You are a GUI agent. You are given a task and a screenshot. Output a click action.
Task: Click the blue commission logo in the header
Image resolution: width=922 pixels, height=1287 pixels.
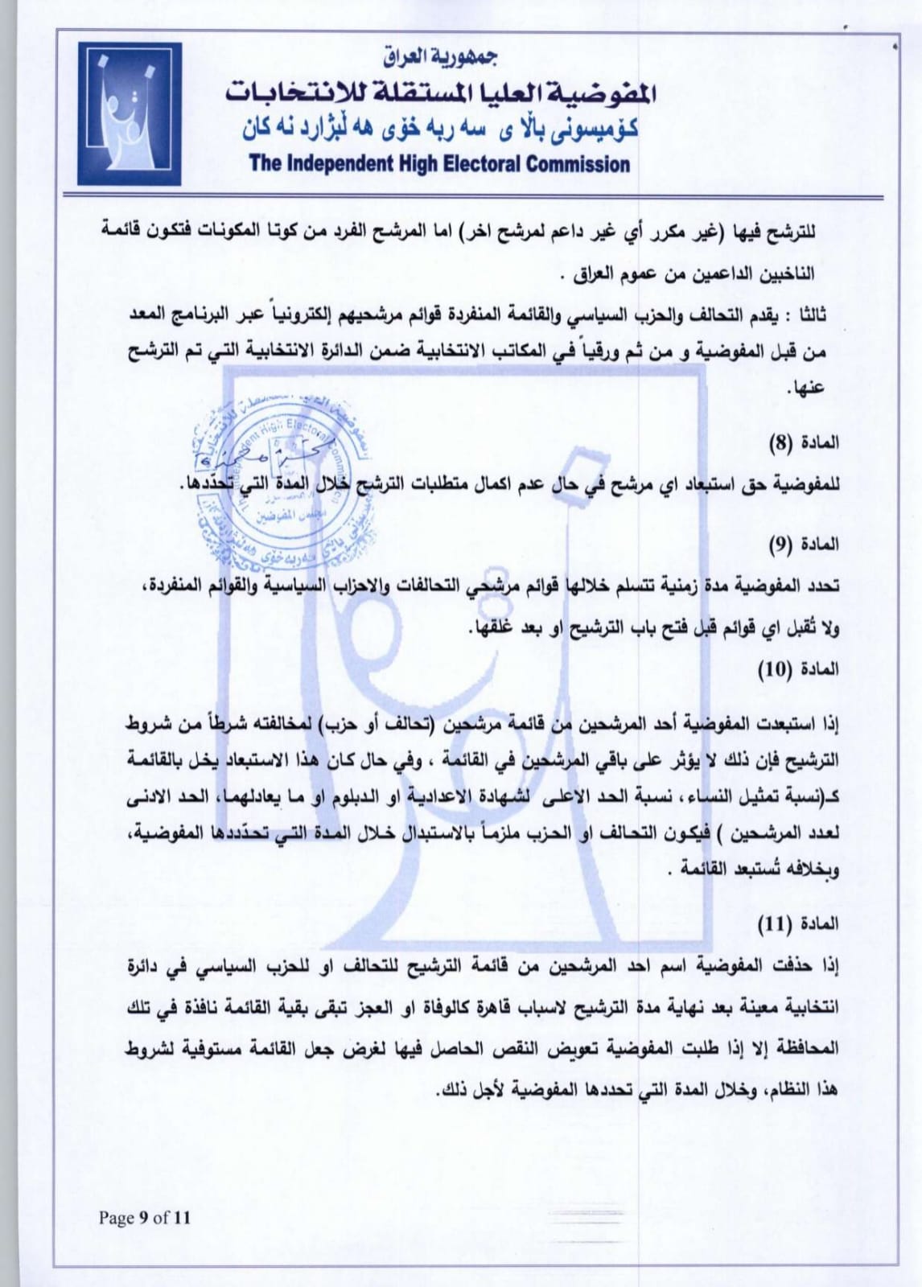tap(129, 113)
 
